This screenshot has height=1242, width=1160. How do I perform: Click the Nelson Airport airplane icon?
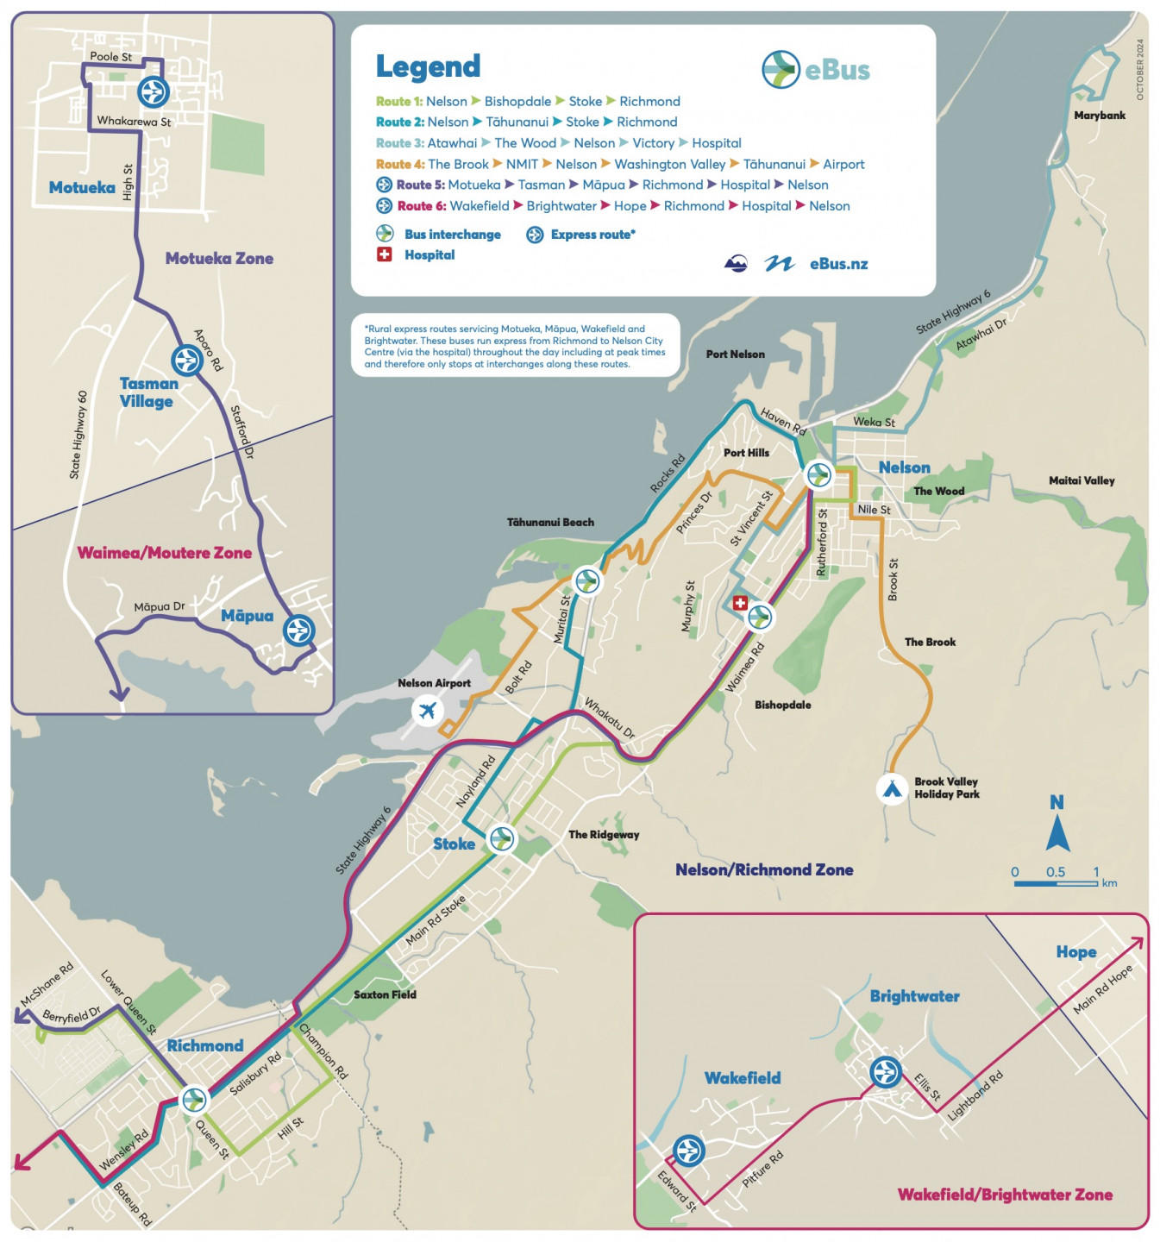click(x=427, y=711)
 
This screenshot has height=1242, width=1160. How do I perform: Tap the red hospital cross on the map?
click(x=740, y=603)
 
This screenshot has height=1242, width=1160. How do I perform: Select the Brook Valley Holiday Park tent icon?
click(x=892, y=788)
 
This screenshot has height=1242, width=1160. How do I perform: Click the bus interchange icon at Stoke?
click(x=501, y=837)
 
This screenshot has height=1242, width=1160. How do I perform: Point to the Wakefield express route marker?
click(x=688, y=1150)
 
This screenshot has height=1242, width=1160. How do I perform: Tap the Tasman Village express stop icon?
click(x=186, y=360)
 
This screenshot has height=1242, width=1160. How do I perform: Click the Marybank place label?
click(x=1099, y=116)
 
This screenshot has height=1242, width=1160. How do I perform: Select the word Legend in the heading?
click(x=428, y=66)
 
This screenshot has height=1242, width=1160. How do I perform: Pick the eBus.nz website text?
click(x=838, y=264)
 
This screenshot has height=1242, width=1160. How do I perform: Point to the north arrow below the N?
click(x=1057, y=835)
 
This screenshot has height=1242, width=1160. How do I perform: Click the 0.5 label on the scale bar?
click(x=1055, y=872)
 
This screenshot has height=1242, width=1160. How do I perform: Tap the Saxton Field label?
click(x=385, y=994)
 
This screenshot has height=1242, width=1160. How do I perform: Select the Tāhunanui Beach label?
click(x=550, y=522)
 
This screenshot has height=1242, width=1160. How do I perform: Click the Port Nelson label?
click(x=735, y=354)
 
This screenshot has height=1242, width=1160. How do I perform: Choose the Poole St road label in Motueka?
click(x=111, y=57)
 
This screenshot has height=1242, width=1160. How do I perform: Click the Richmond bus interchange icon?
click(x=194, y=1100)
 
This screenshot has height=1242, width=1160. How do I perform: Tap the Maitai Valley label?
click(x=1082, y=480)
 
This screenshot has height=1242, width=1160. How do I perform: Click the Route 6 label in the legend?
click(x=422, y=206)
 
